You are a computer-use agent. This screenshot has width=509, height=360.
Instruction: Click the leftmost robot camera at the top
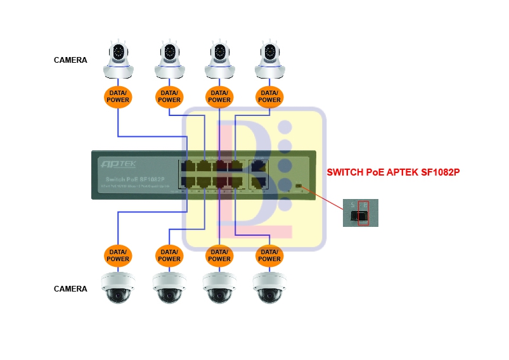pyautogui.click(x=118, y=59)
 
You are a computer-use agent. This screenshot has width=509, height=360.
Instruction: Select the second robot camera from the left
pyautogui.click(x=169, y=59)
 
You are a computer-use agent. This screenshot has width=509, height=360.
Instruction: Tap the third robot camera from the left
pyautogui.click(x=219, y=59)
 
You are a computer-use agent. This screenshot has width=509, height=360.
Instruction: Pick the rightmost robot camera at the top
pyautogui.click(x=269, y=59)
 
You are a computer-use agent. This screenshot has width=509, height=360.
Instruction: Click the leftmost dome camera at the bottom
pyautogui.click(x=118, y=288)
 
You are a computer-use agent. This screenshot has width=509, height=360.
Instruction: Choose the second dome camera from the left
pyautogui.click(x=169, y=288)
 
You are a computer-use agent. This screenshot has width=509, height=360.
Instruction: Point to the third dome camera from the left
pyautogui.click(x=219, y=288)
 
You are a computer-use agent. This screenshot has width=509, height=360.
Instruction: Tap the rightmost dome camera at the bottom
pyautogui.click(x=269, y=288)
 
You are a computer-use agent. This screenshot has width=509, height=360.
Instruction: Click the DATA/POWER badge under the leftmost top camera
pyautogui.click(x=118, y=96)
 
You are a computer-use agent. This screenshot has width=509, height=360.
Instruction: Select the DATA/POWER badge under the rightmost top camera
pyautogui.click(x=269, y=96)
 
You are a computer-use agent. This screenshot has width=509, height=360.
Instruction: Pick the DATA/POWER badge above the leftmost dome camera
pyautogui.click(x=118, y=255)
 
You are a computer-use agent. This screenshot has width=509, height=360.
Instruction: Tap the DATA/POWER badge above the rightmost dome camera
pyautogui.click(x=269, y=255)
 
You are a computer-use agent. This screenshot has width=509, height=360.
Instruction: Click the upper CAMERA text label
pyautogui.click(x=70, y=60)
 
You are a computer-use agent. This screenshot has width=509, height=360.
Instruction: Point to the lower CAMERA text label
pyautogui.click(x=70, y=289)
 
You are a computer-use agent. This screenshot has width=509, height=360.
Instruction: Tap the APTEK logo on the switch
pyautogui.click(x=119, y=164)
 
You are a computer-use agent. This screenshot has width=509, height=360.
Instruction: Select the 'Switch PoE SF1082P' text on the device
pyautogui.click(x=132, y=179)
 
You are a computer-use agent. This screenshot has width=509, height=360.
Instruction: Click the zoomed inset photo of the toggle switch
pyautogui.click(x=360, y=213)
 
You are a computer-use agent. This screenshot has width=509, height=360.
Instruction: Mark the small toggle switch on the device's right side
pyautogui.click(x=298, y=186)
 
